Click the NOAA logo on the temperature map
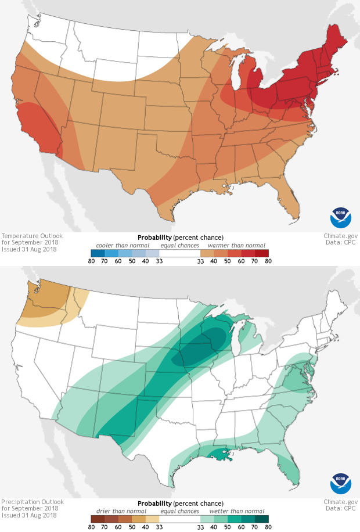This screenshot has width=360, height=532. point(341,217)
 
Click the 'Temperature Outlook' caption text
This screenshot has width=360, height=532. point(32,236)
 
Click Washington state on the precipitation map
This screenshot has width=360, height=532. point(44,296)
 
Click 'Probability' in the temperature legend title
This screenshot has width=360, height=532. point(154,238)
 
